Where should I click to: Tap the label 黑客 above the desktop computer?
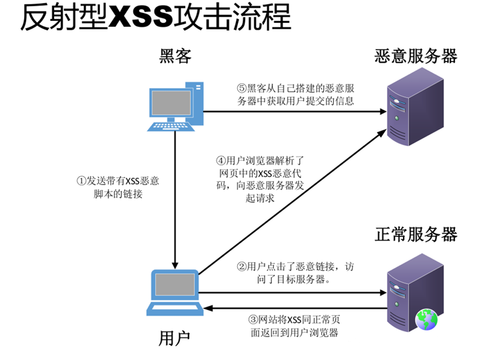(x=175, y=57)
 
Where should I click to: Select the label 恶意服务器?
(x=416, y=57)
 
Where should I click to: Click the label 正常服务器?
(x=416, y=233)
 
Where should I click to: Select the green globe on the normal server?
(x=427, y=318)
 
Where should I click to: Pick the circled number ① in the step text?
(x=81, y=181)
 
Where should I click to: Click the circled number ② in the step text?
(x=241, y=267)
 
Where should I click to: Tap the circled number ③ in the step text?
(x=254, y=320)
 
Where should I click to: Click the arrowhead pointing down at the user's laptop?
(x=175, y=258)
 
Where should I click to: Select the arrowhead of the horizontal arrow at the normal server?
(x=381, y=292)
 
